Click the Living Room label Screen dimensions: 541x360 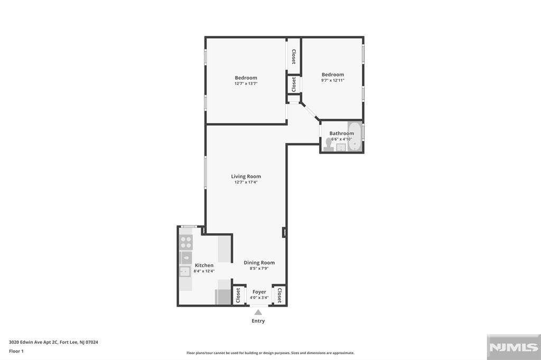click(x=246, y=176)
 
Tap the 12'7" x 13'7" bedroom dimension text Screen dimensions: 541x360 click(x=246, y=83)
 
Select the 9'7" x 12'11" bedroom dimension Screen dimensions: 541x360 click(x=333, y=80)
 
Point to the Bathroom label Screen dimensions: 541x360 click(x=342, y=133)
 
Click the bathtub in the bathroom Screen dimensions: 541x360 click(x=355, y=136)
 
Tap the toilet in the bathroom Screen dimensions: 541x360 click(x=329, y=144)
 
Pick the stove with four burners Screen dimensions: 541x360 click(x=186, y=242)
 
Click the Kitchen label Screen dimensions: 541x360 click(x=204, y=265)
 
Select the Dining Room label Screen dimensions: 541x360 click(x=259, y=262)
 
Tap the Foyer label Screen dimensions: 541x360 click(x=259, y=292)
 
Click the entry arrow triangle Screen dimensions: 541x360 click(x=258, y=312)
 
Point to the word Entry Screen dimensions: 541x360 click(x=258, y=321)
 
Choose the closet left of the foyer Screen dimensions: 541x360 click(x=238, y=296)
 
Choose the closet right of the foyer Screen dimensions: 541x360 click(x=279, y=296)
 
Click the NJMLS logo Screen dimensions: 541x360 click(x=514, y=347)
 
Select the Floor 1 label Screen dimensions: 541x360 click(x=16, y=351)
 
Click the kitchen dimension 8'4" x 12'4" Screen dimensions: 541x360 click(x=204, y=271)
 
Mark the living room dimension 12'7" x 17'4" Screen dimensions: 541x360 click(x=246, y=182)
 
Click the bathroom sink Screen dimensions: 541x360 click(x=341, y=147)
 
